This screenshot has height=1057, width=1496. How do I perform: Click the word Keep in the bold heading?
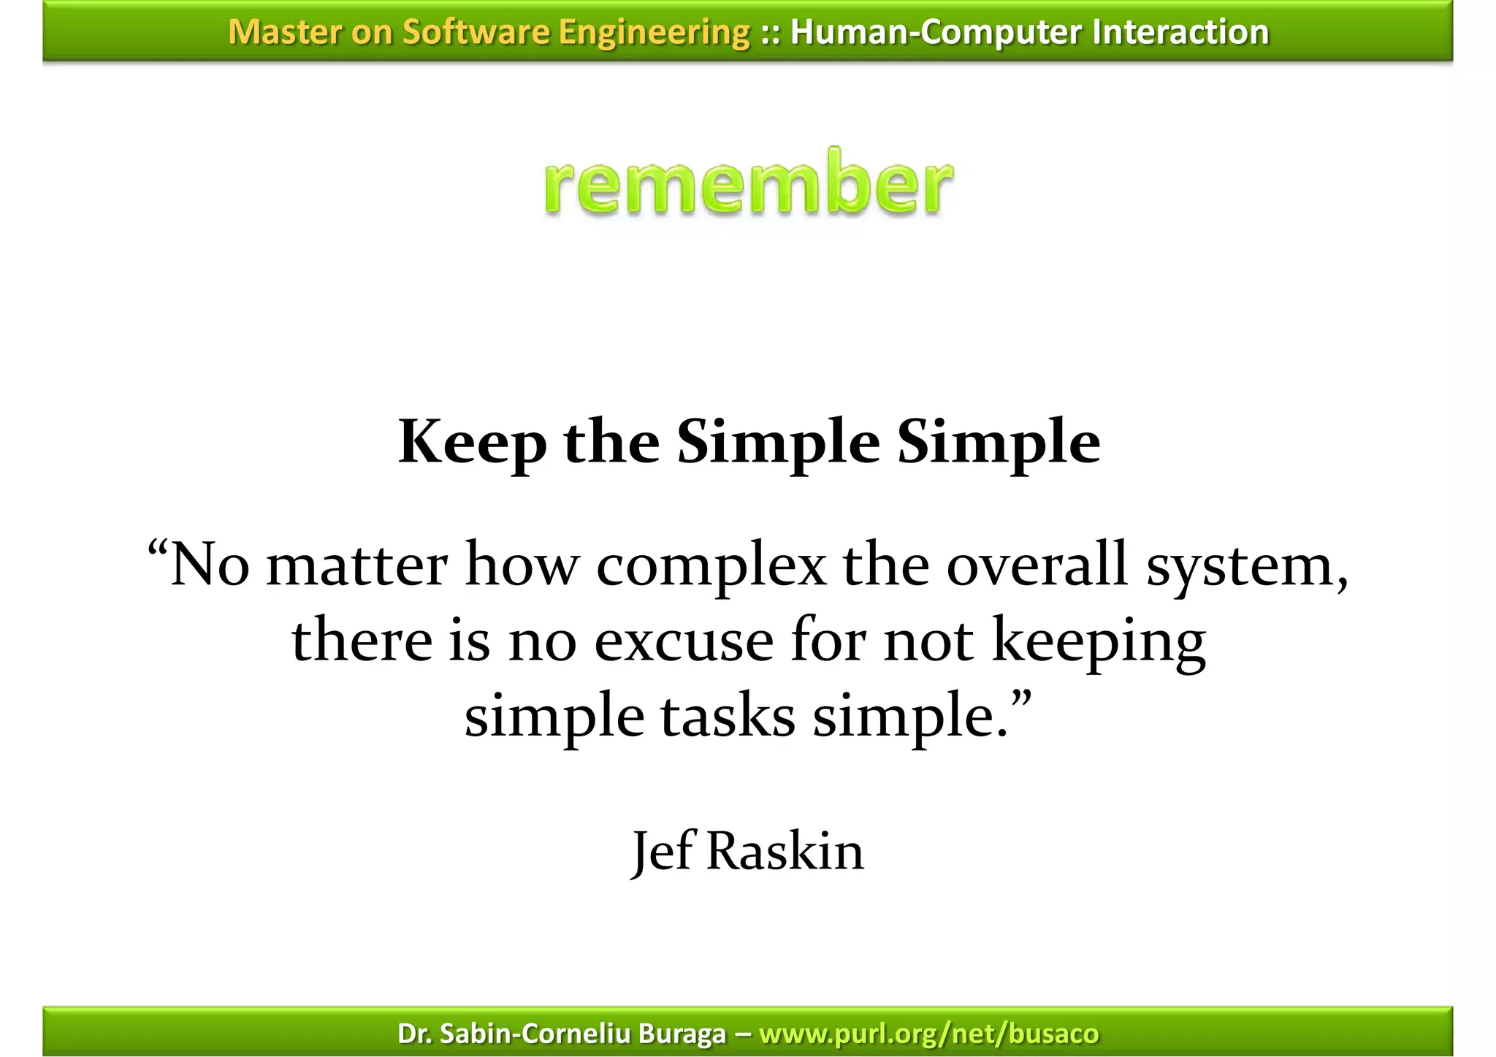[x=472, y=443]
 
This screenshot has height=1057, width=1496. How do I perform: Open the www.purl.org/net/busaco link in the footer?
[x=929, y=1034]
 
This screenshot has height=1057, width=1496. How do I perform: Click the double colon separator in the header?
[x=769, y=33]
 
